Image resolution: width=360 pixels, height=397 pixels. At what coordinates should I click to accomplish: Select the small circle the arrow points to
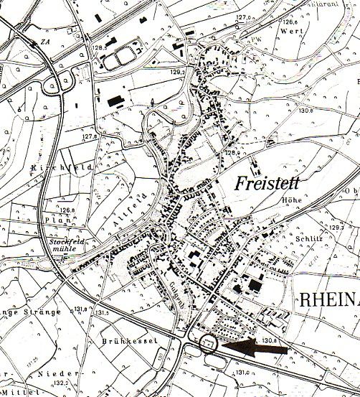tap(209, 345)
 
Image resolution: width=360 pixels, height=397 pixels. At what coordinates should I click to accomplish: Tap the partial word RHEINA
tap(326, 299)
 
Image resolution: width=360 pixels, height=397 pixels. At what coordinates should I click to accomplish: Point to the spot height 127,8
tap(89, 136)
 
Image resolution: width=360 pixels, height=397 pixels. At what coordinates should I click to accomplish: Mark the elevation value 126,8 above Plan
tap(67, 210)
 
